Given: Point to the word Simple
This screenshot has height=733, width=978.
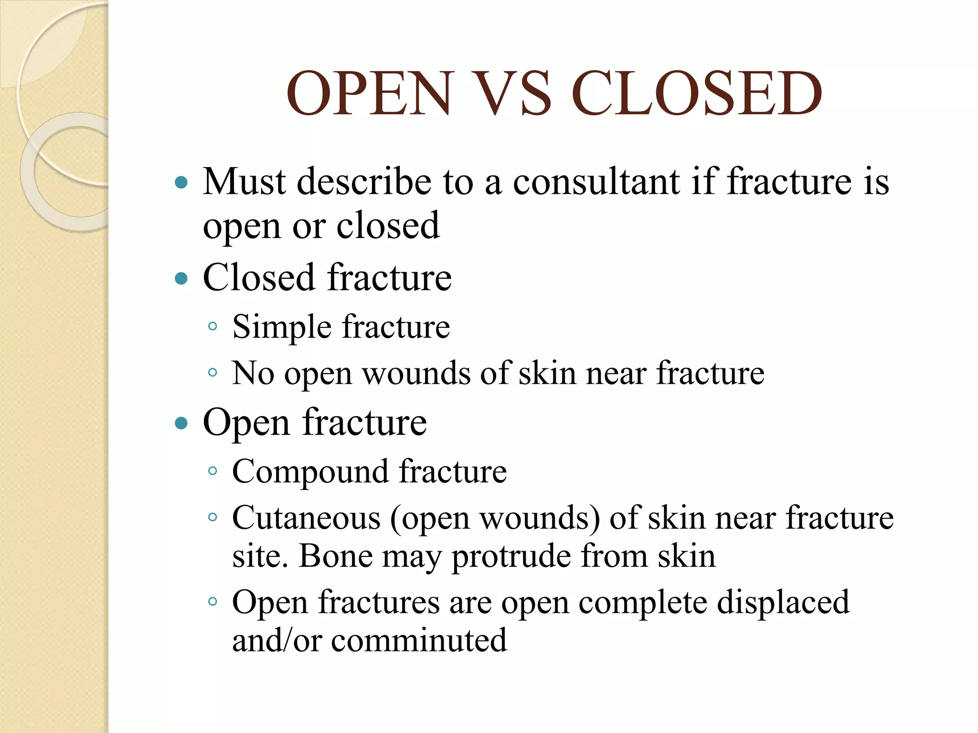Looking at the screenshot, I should [282, 328].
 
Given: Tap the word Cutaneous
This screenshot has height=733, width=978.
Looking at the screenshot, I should [306, 518].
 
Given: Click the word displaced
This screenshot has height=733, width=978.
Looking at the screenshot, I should [783, 602].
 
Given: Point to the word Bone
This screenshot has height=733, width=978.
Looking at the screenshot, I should [335, 556].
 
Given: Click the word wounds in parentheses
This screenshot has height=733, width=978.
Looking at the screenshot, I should [540, 518].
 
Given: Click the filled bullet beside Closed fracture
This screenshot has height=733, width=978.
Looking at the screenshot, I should [181, 278].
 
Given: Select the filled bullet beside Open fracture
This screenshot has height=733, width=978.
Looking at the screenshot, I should [181, 423].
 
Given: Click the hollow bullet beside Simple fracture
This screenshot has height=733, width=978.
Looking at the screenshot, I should [213, 327].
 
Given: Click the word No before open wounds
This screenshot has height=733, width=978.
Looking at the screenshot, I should [253, 373].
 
